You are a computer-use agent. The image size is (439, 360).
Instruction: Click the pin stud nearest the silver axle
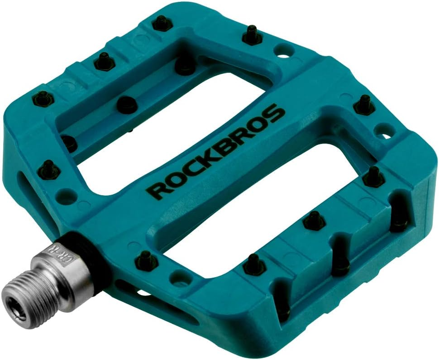(146, 260)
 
